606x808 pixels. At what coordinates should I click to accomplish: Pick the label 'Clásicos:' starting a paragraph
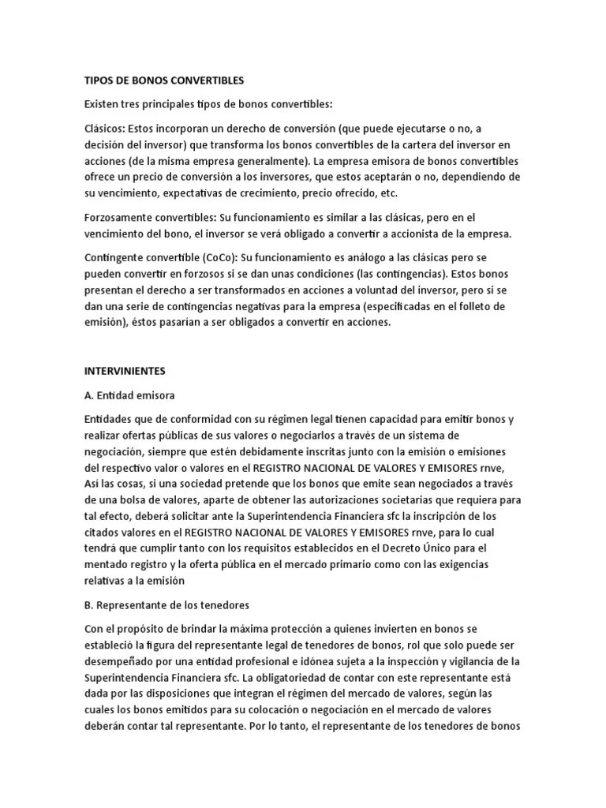coord(107,129)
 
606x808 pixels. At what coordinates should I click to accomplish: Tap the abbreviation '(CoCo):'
coord(215,257)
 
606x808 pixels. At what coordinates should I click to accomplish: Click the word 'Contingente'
coord(115,257)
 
